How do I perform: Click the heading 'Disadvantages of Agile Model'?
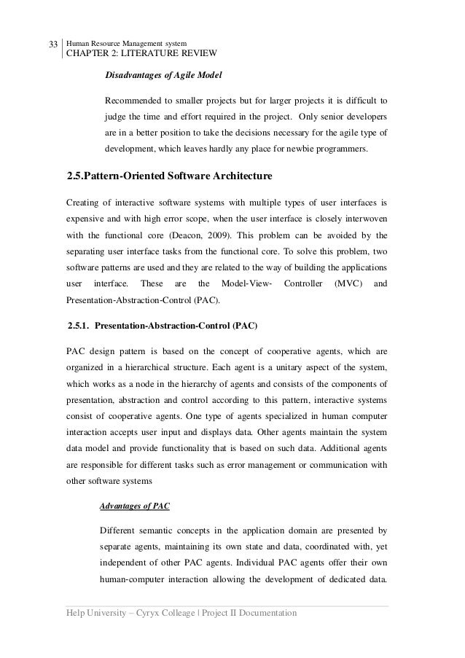pyautogui.click(x=164, y=74)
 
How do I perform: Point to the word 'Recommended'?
pyautogui.click(x=136, y=100)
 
